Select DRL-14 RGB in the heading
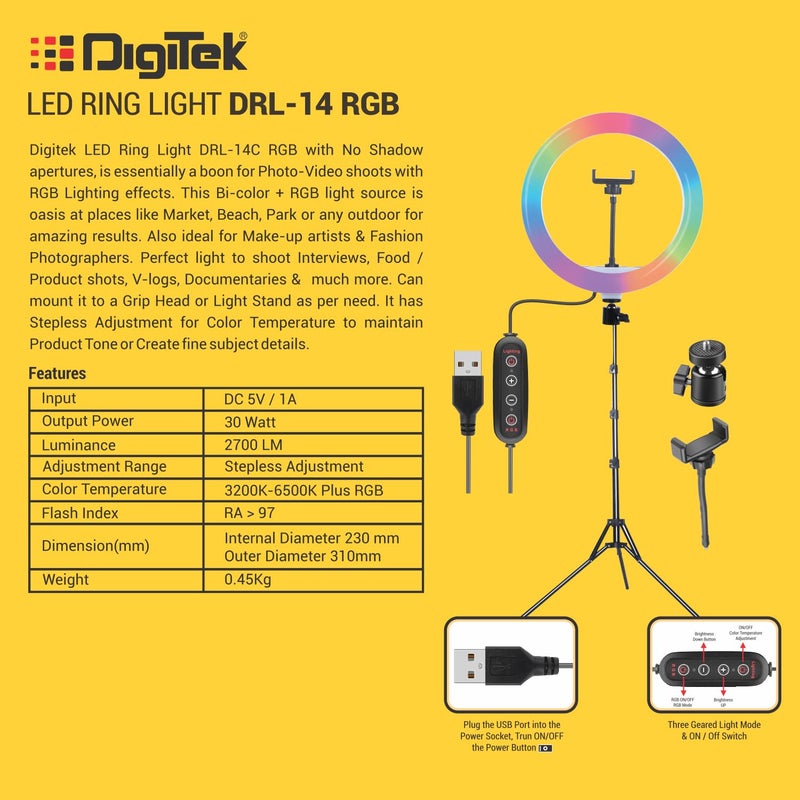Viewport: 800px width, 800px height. (314, 104)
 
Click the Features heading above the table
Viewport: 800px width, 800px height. (57, 374)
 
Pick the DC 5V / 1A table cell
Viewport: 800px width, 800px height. (261, 399)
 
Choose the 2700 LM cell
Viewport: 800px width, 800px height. (258, 445)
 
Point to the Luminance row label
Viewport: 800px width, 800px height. (79, 445)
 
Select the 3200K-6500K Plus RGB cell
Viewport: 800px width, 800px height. (304, 490)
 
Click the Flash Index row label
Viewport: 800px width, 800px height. (80, 513)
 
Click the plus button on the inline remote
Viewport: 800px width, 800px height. (511, 381)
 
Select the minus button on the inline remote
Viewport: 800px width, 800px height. (511, 400)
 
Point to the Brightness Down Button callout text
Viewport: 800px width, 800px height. (705, 637)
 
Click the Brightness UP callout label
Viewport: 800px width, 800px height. (723, 702)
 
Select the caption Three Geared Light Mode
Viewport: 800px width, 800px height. (714, 724)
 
